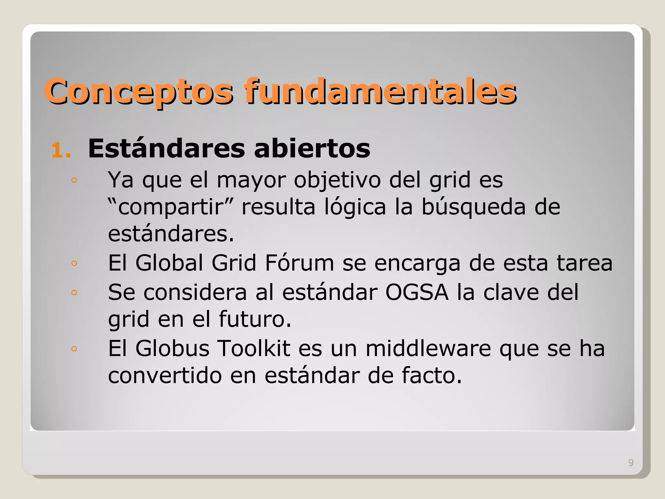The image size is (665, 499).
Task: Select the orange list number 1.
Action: (x=61, y=150)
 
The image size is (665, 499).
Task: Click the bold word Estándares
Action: (x=166, y=149)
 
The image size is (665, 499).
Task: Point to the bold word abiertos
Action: (x=312, y=149)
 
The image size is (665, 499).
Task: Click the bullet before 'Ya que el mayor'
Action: (x=74, y=180)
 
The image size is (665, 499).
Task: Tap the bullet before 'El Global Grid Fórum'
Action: (x=74, y=263)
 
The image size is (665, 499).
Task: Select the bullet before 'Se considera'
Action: (x=74, y=293)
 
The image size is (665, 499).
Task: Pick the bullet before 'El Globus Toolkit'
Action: (x=74, y=349)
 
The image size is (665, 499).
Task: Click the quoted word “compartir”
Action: (x=170, y=207)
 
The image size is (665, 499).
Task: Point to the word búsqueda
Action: (x=473, y=207)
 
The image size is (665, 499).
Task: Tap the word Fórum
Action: (x=299, y=263)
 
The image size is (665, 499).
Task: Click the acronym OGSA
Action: (x=417, y=292)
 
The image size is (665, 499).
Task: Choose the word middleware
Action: (x=428, y=349)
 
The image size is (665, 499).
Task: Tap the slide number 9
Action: (x=631, y=463)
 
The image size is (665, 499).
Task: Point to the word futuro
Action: (x=255, y=319)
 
